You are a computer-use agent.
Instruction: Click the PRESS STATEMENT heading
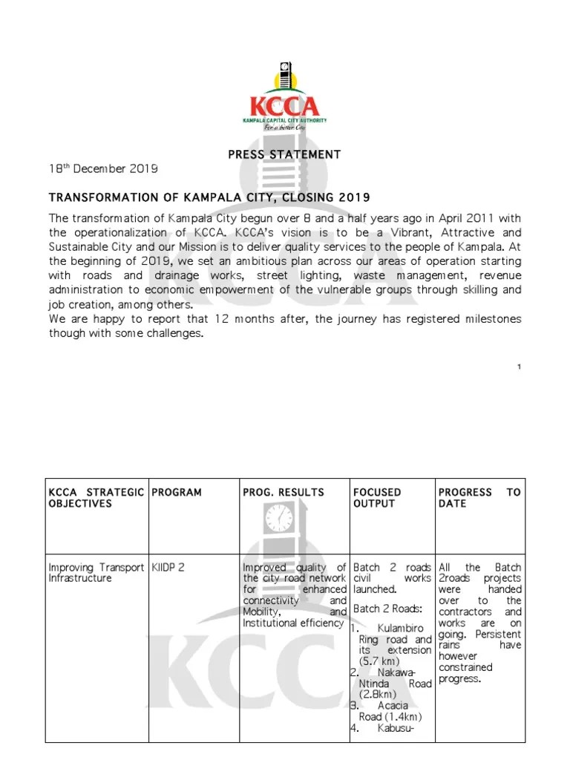pyautogui.click(x=285, y=154)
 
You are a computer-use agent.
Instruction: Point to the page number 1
pyautogui.click(x=520, y=367)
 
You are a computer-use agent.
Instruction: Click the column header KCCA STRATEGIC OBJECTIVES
pyautogui.click(x=96, y=497)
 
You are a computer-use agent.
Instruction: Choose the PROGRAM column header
pyautogui.click(x=177, y=492)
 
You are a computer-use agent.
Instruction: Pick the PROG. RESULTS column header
pyautogui.click(x=284, y=492)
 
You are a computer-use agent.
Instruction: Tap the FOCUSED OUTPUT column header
pyautogui.click(x=377, y=497)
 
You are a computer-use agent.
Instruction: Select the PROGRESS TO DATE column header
pyautogui.click(x=479, y=497)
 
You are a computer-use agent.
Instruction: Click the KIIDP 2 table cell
pyautogui.click(x=168, y=567)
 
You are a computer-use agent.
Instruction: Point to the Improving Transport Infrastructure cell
pyautogui.click(x=96, y=572)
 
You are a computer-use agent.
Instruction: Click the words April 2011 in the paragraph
pyautogui.click(x=428, y=217)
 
